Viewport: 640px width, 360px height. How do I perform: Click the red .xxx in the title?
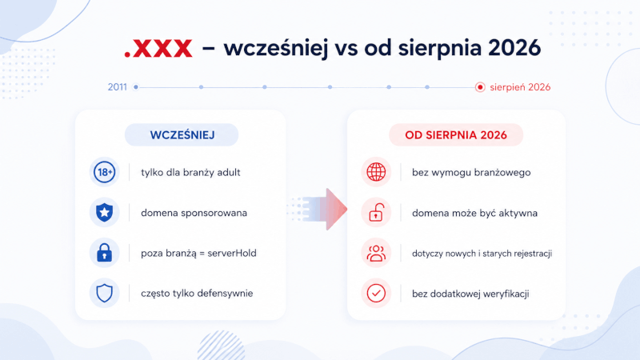(158, 48)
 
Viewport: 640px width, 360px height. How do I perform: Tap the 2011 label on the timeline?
(117, 87)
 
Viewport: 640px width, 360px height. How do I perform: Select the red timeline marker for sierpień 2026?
(480, 87)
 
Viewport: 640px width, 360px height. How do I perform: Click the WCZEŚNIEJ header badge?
(182, 134)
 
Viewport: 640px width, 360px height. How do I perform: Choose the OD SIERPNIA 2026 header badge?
(456, 134)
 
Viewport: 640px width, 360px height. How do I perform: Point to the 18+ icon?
(105, 172)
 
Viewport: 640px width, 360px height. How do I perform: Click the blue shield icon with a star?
(105, 212)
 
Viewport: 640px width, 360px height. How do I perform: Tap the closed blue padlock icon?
(105, 253)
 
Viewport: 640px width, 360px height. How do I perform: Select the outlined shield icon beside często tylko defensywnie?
(105, 293)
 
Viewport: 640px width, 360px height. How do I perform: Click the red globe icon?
(376, 172)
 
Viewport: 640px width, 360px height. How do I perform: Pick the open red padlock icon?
(376, 212)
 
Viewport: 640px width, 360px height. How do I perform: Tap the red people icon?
(376, 253)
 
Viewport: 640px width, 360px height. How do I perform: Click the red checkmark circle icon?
(376, 293)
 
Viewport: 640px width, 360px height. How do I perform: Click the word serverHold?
(232, 253)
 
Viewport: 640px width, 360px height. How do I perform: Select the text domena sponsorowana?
(194, 213)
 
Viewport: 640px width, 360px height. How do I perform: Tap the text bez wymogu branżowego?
(471, 172)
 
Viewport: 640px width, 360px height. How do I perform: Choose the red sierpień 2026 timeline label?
(520, 87)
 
